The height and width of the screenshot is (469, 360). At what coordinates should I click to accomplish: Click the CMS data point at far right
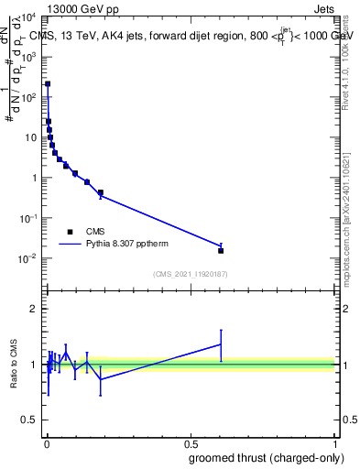click(x=221, y=250)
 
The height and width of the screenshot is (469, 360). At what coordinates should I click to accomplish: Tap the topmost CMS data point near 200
click(x=48, y=83)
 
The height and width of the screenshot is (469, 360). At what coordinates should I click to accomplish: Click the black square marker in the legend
click(x=71, y=232)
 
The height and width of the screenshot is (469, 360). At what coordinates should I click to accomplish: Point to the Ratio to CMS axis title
click(x=14, y=364)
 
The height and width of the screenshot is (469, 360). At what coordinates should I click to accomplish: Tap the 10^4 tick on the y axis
click(x=28, y=16)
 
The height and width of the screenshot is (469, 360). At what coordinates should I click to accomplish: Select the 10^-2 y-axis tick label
click(x=28, y=258)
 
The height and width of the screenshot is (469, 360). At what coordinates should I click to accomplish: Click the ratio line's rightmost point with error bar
click(x=221, y=344)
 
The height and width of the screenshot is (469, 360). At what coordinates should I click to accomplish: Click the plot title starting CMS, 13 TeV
click(x=192, y=36)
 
